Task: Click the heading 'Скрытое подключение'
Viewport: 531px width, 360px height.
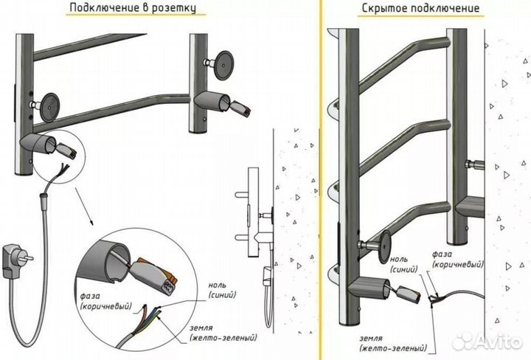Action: coord(420,9)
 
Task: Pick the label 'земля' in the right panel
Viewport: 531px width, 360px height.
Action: coord(374,338)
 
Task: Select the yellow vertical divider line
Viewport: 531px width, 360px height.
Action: coord(319,180)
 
